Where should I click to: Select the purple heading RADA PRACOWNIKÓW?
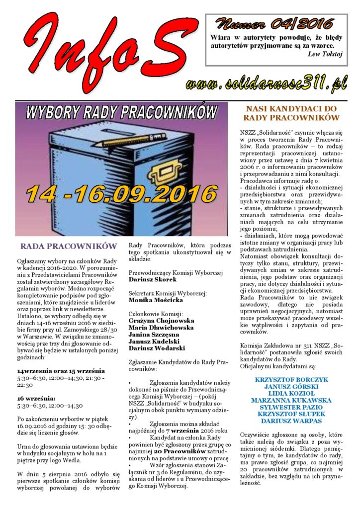pos(69,246)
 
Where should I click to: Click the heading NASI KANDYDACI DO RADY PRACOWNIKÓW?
pos(291,113)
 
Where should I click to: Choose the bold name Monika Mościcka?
pos(156,300)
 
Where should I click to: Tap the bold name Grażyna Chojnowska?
pos(161,321)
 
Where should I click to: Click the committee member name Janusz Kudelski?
pos(154,341)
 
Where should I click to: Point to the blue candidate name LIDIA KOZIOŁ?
pos(291,393)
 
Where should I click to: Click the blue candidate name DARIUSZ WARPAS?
pos(291,421)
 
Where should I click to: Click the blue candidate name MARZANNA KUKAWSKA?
pos(291,400)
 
